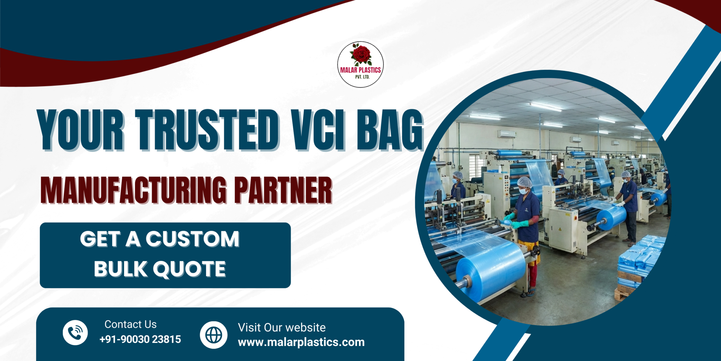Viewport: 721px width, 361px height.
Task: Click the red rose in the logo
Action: point(361,54)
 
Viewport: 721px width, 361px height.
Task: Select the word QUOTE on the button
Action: point(189,269)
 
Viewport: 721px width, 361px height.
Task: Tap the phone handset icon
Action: point(75,333)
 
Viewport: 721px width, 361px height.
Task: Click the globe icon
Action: point(214,335)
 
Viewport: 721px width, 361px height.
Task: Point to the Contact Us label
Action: point(130,324)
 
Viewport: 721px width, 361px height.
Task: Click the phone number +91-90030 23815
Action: point(140,339)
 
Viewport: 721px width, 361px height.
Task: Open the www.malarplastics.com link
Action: point(301,342)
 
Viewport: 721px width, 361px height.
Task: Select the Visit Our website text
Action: point(282,327)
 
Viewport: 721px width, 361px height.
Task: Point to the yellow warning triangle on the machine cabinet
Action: point(560,229)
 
